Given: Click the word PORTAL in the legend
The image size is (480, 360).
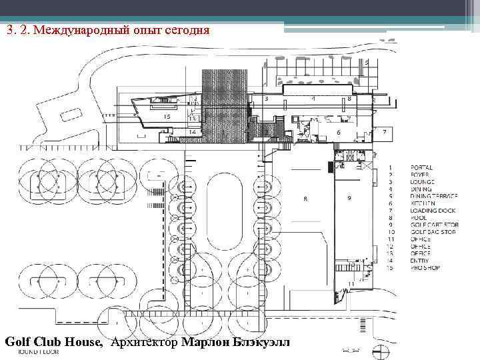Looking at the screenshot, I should click(x=421, y=167).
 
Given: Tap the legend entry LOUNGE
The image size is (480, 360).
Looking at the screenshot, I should click(x=423, y=182).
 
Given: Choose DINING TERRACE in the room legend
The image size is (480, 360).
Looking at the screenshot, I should click(x=435, y=196).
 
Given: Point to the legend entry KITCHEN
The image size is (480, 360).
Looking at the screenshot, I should click(x=423, y=203).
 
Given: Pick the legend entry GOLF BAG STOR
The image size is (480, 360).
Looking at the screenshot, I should click(x=434, y=232).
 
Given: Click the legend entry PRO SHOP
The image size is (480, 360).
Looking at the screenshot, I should click(x=425, y=268).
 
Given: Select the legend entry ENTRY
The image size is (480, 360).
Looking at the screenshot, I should click(x=421, y=261).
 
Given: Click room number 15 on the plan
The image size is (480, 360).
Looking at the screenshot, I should click(x=167, y=117).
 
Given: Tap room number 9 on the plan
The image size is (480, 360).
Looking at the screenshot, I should click(x=349, y=198).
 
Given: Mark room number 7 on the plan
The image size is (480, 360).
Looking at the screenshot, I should click(x=384, y=131).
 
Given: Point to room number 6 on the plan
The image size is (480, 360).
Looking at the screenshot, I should click(x=339, y=133).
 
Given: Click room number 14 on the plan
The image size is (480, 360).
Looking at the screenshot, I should click(x=192, y=132).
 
